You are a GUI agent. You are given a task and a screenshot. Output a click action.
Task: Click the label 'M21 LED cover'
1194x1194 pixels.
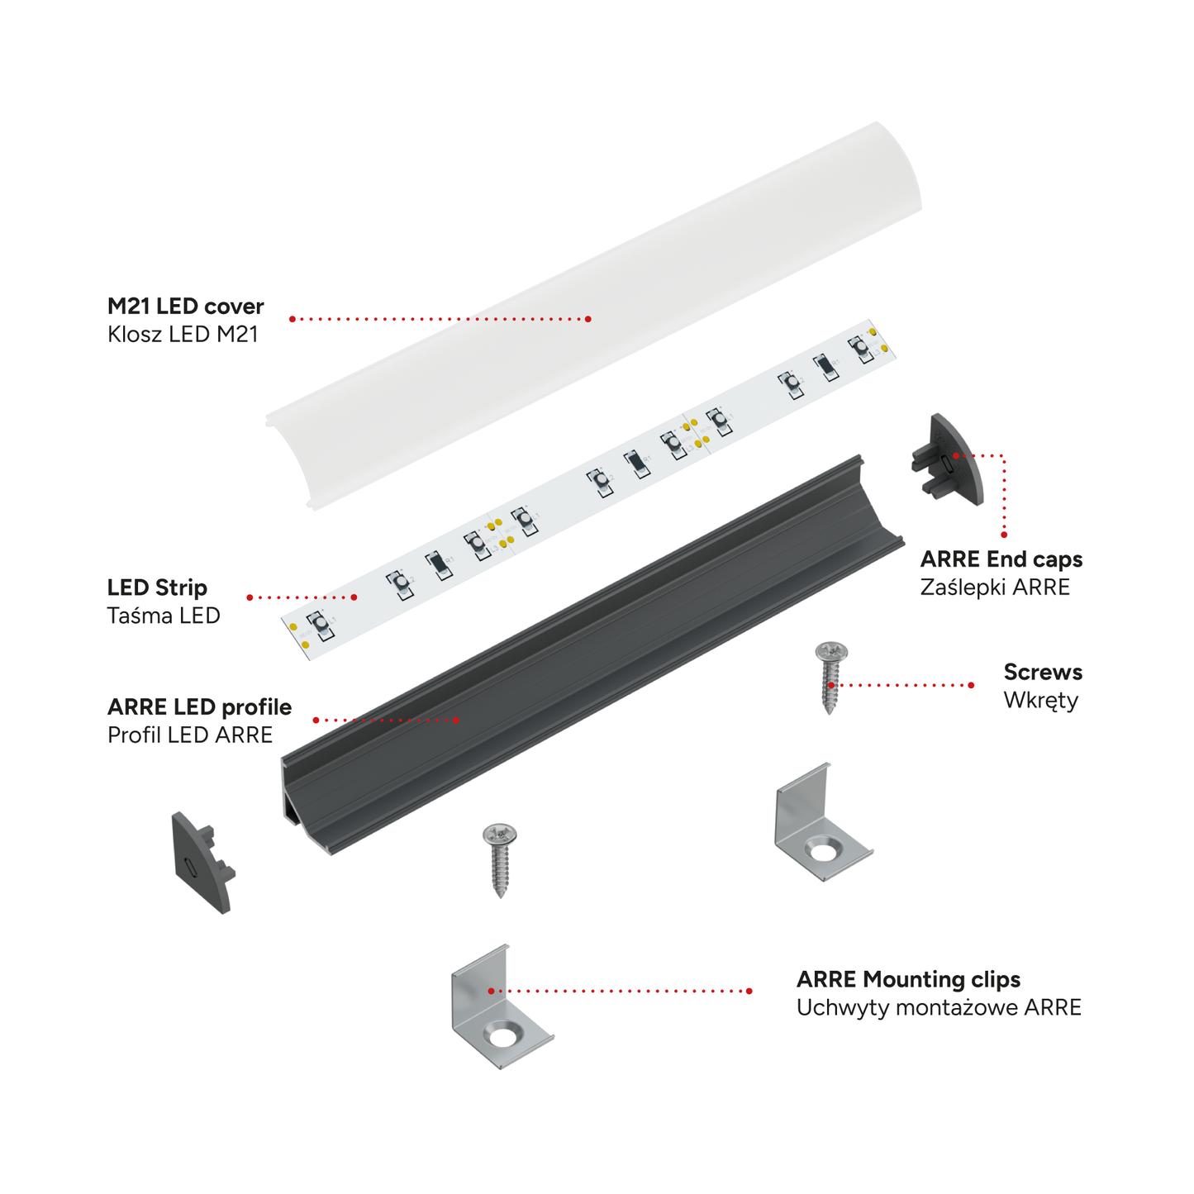point(185,306)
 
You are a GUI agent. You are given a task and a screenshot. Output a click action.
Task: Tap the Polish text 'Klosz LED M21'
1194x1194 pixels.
point(183,334)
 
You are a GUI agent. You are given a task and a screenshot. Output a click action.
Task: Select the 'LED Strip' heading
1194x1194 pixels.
point(157,587)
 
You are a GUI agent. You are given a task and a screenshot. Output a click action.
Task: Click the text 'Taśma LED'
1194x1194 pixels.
point(164,616)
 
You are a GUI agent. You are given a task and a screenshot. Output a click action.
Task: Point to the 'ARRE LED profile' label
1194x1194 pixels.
point(199,707)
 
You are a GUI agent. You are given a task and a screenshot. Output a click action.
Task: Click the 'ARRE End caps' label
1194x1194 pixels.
point(1001,559)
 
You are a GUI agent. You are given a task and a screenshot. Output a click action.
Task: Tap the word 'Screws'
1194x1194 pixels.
point(1043,672)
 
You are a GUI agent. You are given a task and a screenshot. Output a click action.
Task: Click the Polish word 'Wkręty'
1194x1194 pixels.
point(1041,701)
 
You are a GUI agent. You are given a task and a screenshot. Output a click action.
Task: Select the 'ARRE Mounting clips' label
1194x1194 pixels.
point(908,980)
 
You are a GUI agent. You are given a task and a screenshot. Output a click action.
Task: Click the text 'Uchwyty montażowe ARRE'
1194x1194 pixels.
point(939,1007)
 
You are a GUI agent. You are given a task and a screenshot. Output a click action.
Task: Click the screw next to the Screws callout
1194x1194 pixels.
point(830,678)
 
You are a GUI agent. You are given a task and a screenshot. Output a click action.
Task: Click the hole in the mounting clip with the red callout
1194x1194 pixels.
point(503,1037)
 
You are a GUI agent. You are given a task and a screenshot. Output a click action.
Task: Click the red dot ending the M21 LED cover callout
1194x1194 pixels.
point(588,319)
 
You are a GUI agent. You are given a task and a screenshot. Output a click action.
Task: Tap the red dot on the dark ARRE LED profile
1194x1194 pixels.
point(456,720)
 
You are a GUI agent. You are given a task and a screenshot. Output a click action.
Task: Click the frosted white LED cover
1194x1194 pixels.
point(593,316)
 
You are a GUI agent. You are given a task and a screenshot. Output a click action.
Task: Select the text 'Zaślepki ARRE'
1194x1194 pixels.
point(995,587)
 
